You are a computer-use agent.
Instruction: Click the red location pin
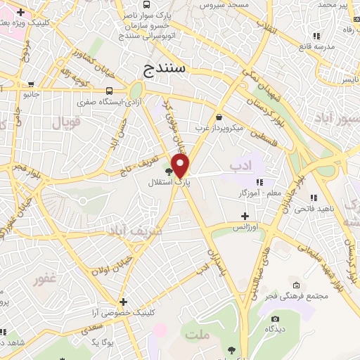181,166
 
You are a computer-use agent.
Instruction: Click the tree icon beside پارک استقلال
169,170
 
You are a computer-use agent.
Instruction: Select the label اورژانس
245,228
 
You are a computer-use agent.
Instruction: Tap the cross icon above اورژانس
245,216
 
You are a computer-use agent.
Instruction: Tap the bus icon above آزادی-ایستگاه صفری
109,91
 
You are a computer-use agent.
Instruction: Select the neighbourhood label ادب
240,165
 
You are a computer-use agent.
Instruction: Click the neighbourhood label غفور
44,279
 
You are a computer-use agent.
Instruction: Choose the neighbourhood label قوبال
67,123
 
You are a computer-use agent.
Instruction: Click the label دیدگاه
274,328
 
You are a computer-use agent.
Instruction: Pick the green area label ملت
198,335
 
